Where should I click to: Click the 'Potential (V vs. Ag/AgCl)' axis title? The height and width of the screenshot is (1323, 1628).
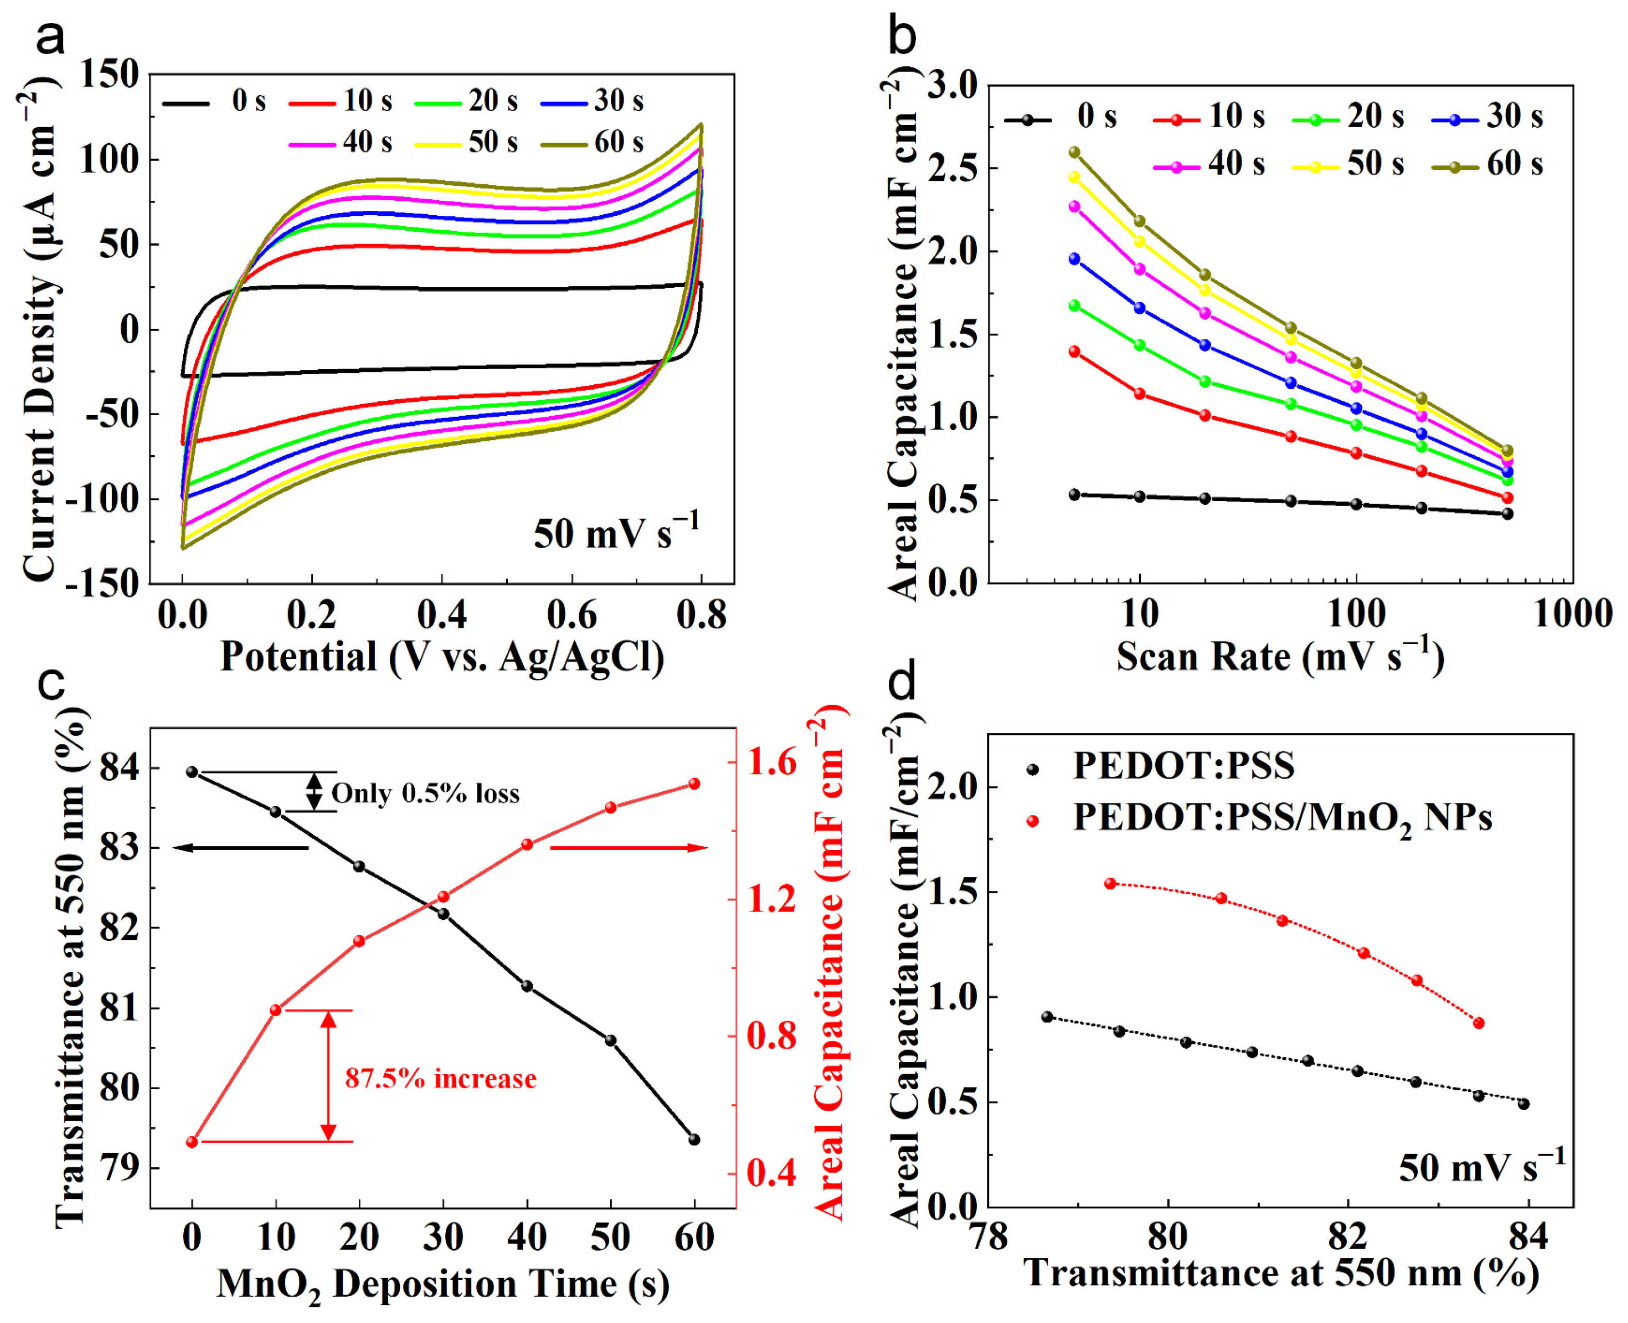click(442, 656)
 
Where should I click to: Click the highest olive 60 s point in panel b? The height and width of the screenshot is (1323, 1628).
click(1075, 151)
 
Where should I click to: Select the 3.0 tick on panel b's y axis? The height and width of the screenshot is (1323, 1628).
click(953, 85)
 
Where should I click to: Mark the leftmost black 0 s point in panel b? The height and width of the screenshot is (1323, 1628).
click(1075, 494)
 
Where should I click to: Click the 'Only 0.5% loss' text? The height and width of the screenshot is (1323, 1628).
click(425, 794)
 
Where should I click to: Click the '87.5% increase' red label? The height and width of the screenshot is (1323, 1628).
click(440, 1078)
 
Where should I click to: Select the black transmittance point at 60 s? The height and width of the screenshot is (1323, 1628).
click(694, 1139)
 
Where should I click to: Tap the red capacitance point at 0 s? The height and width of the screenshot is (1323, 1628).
click(192, 1142)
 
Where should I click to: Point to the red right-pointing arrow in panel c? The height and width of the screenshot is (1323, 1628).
click(629, 848)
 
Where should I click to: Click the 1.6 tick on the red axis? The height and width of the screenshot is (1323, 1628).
click(772, 763)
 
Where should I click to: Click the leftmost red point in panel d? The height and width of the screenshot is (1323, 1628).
click(1110, 883)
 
